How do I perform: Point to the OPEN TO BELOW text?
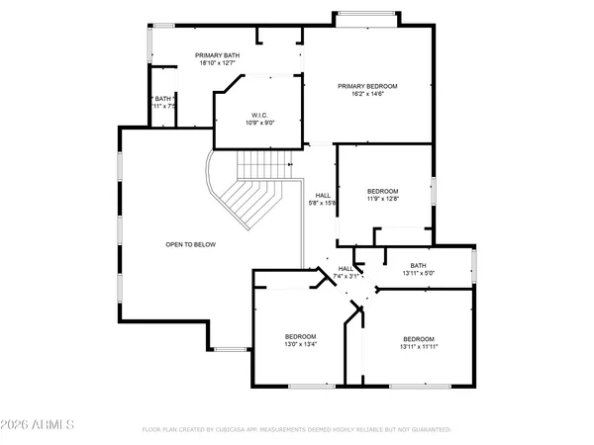(190, 244)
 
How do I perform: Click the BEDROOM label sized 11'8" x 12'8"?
(382, 191)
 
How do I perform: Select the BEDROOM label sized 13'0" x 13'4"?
(300, 337)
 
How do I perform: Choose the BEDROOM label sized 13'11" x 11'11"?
(418, 337)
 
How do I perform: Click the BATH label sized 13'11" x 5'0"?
(419, 265)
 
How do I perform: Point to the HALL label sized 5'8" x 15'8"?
(323, 195)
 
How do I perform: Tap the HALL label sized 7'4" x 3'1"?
(345, 268)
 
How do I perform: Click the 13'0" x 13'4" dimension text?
(300, 345)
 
